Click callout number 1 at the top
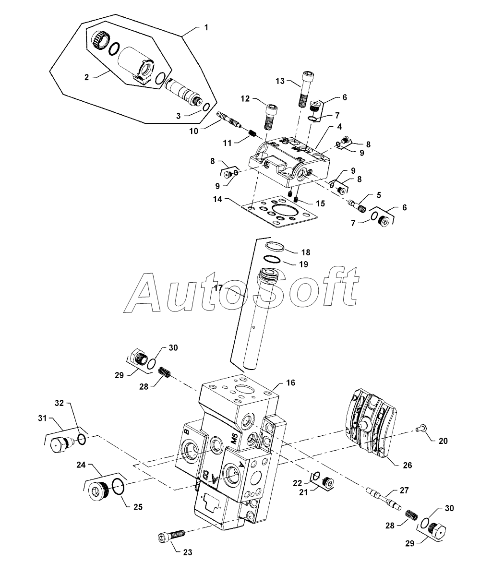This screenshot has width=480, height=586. (206, 28)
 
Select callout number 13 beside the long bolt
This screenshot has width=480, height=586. (280, 82)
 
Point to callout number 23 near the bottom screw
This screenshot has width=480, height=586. (187, 552)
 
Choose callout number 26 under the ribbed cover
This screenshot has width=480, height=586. (407, 465)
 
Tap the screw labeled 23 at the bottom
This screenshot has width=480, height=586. (170, 536)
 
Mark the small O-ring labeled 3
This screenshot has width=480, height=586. (205, 106)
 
